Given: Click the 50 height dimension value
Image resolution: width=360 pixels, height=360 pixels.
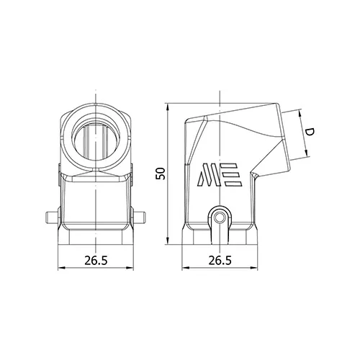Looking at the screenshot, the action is click(x=161, y=174).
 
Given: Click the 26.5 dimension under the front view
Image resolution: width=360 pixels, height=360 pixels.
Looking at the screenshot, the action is click(x=96, y=261).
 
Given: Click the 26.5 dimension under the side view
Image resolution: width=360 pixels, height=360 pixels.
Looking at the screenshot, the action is click(x=220, y=261).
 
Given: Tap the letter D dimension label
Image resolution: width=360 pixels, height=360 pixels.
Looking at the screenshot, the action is click(x=310, y=132).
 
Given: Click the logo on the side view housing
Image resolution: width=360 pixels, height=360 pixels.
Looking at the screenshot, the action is click(x=220, y=175).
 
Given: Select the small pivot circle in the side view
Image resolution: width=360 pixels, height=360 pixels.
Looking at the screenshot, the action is click(x=220, y=218).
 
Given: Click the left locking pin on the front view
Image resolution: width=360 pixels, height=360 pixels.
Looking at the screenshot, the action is click(x=52, y=217).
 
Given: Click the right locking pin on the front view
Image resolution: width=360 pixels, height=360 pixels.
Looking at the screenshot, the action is click(x=139, y=217).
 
